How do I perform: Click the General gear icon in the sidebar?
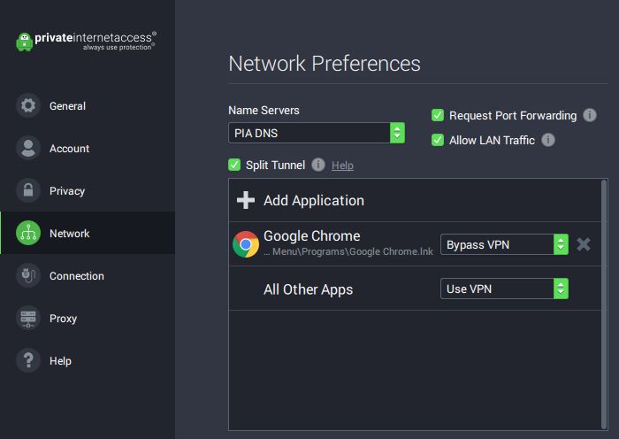[28, 105]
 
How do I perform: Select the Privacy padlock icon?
[28, 190]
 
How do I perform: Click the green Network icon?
[28, 233]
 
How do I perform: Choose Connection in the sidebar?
[77, 276]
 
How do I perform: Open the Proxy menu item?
[63, 319]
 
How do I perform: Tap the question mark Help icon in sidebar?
[28, 360]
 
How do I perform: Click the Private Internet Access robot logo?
[25, 42]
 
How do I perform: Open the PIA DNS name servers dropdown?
[317, 133]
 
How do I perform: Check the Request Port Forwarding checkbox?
[438, 115]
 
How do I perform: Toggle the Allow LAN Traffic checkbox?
[438, 140]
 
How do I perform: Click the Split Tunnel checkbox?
[234, 165]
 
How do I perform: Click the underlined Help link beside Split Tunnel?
[342, 166]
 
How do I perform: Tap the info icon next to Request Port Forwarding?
[590, 115]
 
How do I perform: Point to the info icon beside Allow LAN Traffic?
[548, 140]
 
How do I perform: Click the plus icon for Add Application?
[246, 200]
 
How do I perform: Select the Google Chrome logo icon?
[246, 244]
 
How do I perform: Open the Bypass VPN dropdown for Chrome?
[505, 244]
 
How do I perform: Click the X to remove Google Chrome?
[584, 244]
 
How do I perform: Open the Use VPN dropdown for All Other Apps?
[505, 289]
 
